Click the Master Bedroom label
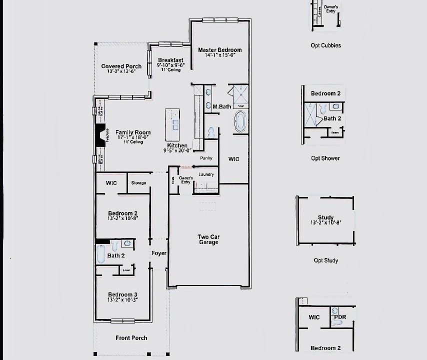coord(219,50)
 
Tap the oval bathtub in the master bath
coord(240,121)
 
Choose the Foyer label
coord(159,253)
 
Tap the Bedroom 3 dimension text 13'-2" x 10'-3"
coord(122,300)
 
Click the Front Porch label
coord(131,338)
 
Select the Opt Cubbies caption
coord(325,45)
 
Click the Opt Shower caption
coord(325,158)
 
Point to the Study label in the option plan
coord(325,217)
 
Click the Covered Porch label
coord(121,66)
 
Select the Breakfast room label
coord(170,60)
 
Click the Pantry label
coord(206,158)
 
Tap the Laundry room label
coord(206,174)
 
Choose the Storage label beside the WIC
coord(138,183)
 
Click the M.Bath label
coord(221,106)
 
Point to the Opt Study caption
coord(325,260)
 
